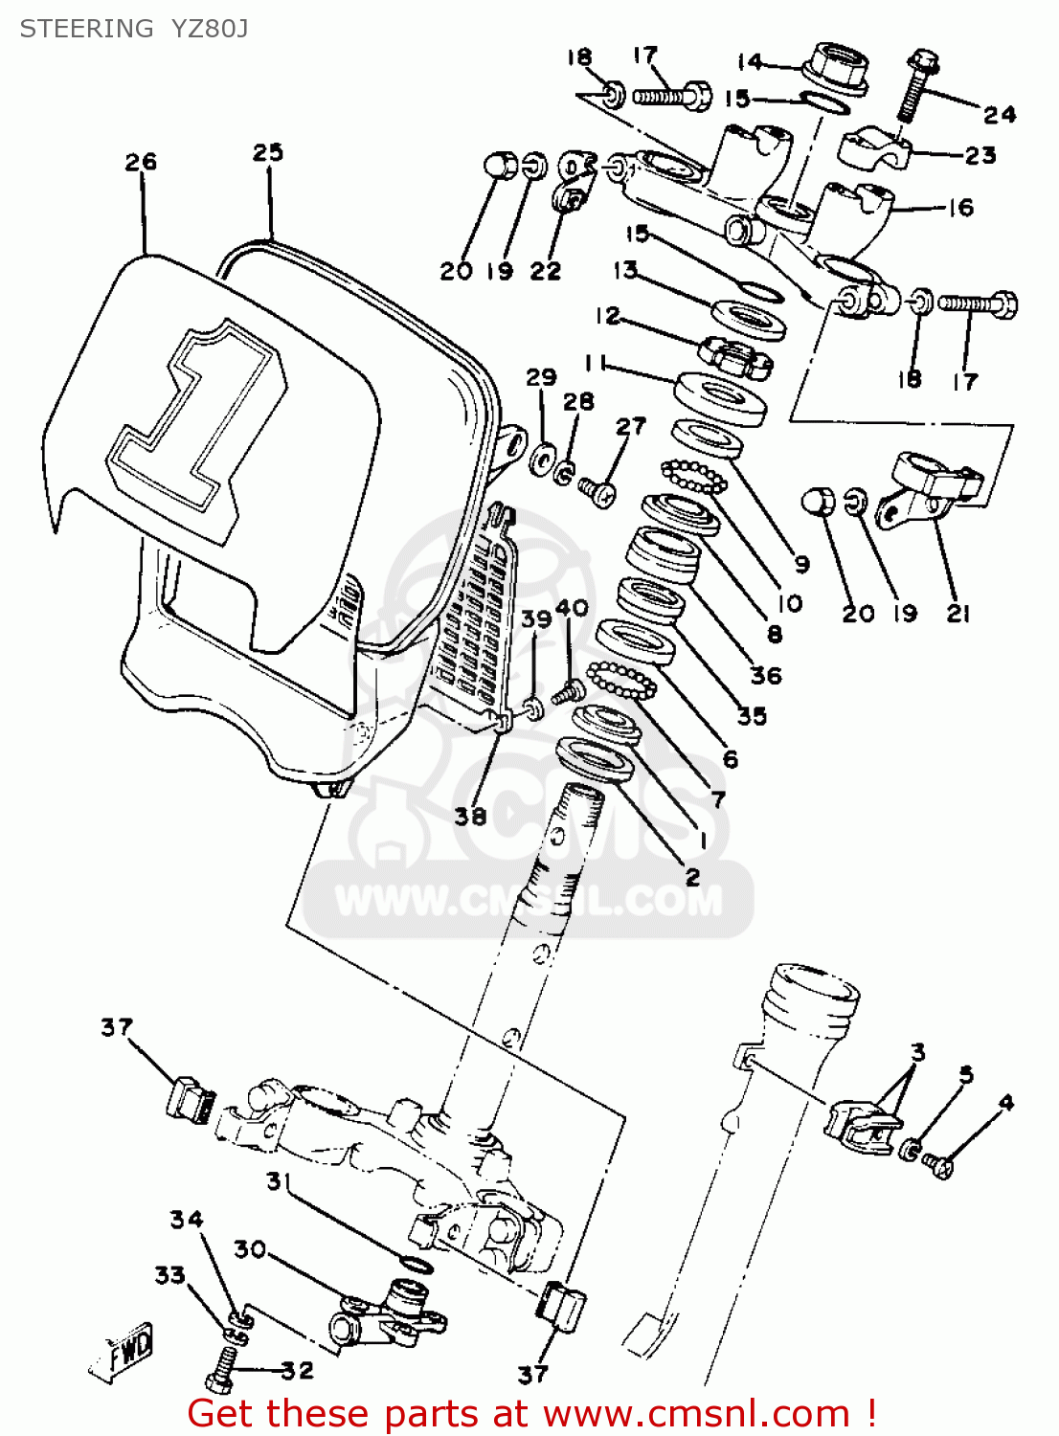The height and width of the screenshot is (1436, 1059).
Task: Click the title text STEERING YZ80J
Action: (x=134, y=29)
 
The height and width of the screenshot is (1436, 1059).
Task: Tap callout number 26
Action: (x=141, y=162)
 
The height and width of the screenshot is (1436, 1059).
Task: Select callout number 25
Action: (x=268, y=152)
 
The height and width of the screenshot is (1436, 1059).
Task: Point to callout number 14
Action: (x=750, y=62)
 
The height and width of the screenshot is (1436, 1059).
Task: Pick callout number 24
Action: (x=1000, y=115)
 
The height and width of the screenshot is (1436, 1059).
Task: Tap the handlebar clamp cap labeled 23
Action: (x=873, y=146)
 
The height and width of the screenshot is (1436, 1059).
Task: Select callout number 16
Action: (x=960, y=208)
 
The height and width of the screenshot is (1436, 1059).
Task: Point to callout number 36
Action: (x=766, y=676)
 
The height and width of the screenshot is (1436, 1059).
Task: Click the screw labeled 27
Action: (x=597, y=492)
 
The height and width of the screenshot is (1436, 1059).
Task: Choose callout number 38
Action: (x=470, y=816)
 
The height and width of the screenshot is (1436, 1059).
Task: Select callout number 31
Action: (x=277, y=1181)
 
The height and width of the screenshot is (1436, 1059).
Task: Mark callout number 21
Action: (x=958, y=614)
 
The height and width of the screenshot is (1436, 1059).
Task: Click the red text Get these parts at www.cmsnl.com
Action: (x=531, y=1413)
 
